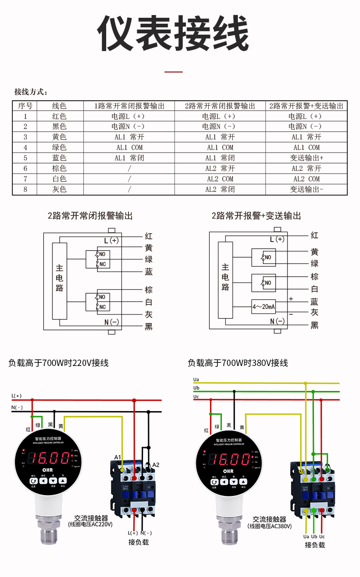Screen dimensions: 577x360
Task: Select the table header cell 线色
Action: tap(59, 106)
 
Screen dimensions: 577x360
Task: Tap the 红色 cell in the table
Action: tap(59, 116)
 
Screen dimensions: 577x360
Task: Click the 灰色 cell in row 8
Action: tap(59, 189)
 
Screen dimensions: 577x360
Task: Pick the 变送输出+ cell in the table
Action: tap(307, 158)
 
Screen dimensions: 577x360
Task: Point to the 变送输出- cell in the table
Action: tap(307, 189)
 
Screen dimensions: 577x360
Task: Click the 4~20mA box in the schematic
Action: tap(263, 307)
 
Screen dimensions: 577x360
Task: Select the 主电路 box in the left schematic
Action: tap(60, 280)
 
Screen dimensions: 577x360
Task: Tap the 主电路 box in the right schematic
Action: tap(226, 279)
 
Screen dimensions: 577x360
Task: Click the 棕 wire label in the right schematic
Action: tap(314, 277)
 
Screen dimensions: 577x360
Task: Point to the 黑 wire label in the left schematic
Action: tap(149, 327)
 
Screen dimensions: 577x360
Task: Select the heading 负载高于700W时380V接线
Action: tap(238, 363)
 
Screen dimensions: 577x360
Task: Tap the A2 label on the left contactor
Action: tap(156, 465)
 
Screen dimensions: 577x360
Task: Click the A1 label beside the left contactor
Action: tap(118, 457)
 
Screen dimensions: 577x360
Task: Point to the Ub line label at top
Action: tap(196, 388)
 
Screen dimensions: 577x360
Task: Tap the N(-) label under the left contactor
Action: tap(146, 533)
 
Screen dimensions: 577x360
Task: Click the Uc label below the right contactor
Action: tap(322, 537)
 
